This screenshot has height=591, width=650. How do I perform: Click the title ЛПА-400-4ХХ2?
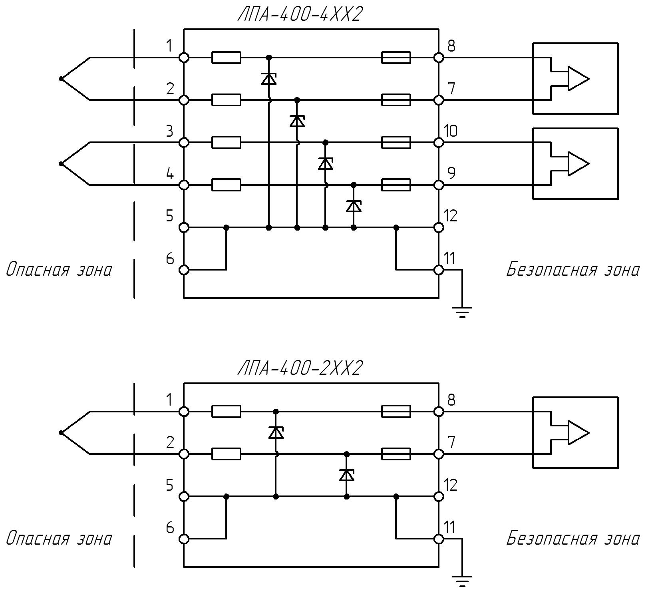[300, 15]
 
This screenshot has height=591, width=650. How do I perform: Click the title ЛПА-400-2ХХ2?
[300, 368]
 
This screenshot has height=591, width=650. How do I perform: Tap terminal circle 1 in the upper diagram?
[184, 58]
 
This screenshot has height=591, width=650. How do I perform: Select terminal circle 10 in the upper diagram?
[439, 142]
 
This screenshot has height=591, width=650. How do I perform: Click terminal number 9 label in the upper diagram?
[451, 173]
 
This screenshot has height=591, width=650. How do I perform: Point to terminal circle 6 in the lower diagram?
[184, 539]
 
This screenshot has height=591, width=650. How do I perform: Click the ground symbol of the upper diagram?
[462, 312]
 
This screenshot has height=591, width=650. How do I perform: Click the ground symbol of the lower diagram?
[462, 581]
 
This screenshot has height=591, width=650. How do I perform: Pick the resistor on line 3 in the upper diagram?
[226, 142]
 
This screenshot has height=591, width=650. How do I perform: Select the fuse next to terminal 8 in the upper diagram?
[396, 58]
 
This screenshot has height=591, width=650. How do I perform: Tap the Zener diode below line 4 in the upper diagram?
[354, 206]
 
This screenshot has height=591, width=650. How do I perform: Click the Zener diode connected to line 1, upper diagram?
[269, 79]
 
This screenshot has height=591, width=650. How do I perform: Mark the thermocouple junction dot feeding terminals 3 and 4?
[61, 163]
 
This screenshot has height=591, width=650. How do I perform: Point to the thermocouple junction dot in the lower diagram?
[61, 433]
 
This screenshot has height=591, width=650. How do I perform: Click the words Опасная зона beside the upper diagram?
[59, 270]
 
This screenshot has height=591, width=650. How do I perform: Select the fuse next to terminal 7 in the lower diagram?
[396, 454]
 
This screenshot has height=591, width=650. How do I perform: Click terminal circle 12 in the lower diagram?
[439, 496]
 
